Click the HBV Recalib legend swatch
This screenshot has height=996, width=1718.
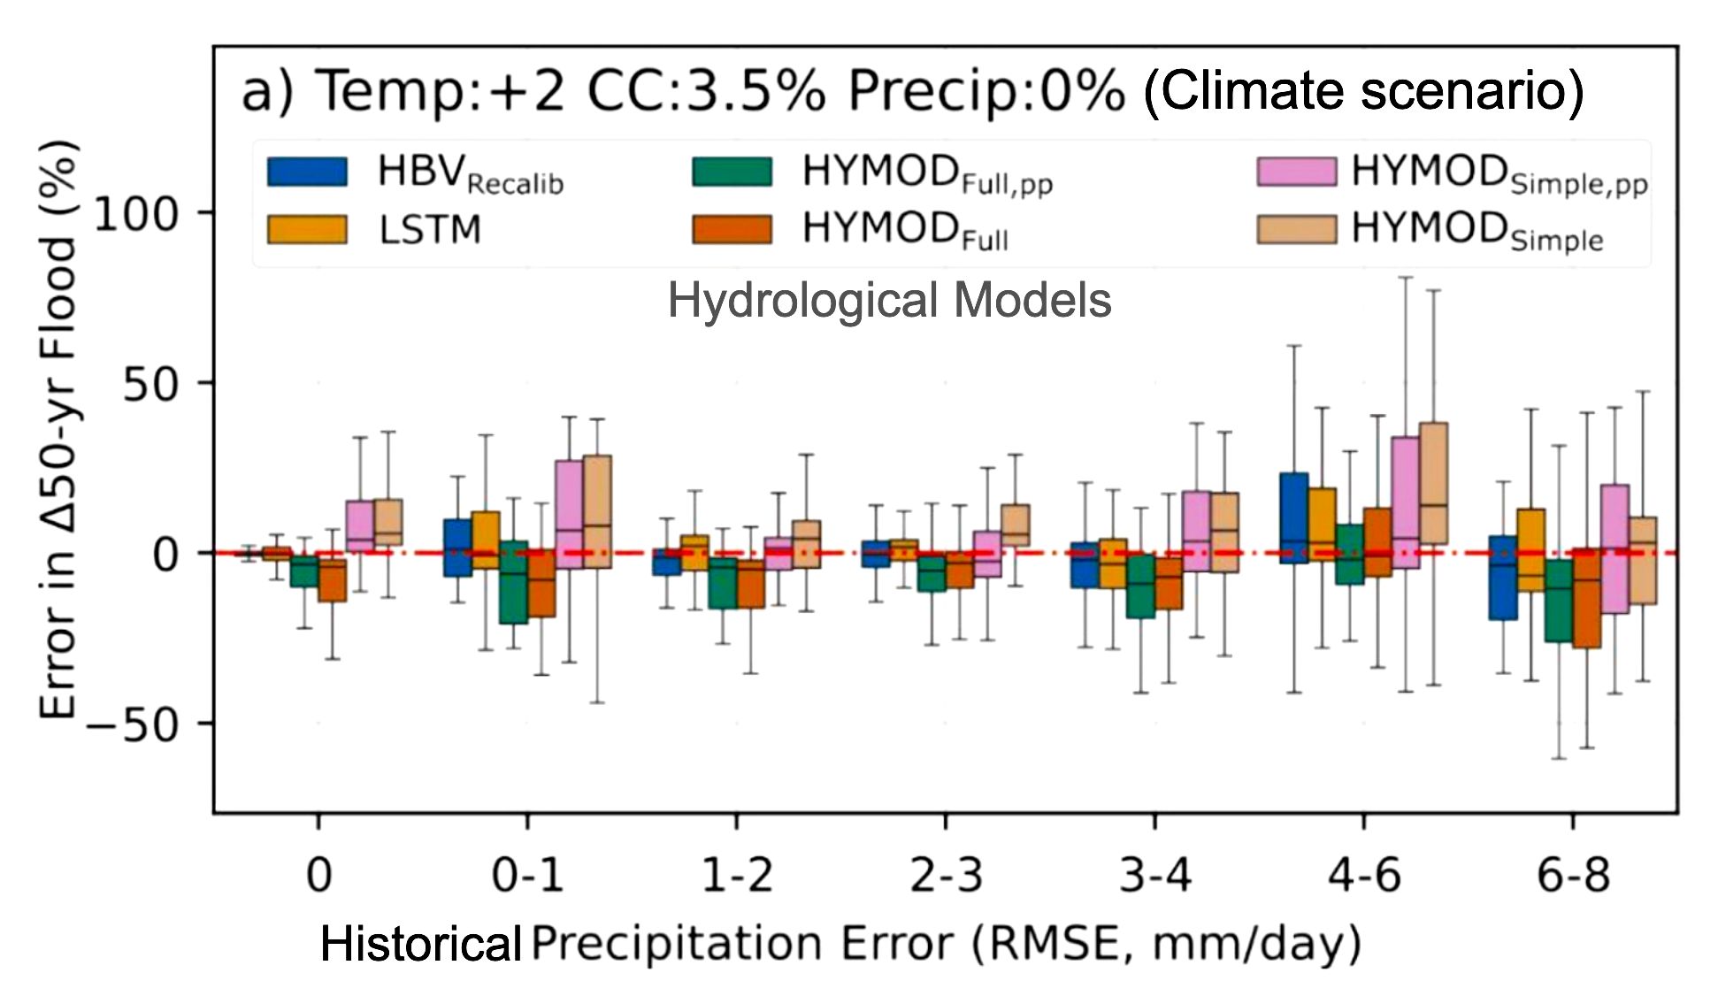coord(307,172)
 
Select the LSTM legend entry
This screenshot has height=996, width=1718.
coord(430,230)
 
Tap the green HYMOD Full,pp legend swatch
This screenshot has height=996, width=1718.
coord(732,172)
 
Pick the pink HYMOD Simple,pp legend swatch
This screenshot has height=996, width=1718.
coord(1296,172)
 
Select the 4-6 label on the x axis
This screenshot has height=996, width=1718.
coord(1363,877)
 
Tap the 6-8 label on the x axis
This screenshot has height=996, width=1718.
coord(1573,877)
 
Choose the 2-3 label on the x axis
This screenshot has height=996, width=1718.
coord(946,877)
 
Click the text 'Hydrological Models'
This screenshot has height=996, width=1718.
coord(888,301)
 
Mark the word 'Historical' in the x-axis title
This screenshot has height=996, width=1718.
coord(420,945)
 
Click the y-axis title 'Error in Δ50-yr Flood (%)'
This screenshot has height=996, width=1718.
coord(58,429)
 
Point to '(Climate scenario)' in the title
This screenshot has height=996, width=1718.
coord(1362,91)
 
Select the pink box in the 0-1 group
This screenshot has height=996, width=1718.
coord(569,514)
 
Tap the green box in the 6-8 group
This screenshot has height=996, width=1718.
coord(1559,601)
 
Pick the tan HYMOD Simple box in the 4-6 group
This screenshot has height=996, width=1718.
coord(1433,483)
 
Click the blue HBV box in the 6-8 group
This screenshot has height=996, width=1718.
coord(1503,578)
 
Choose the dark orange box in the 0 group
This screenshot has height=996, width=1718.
coord(332,581)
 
